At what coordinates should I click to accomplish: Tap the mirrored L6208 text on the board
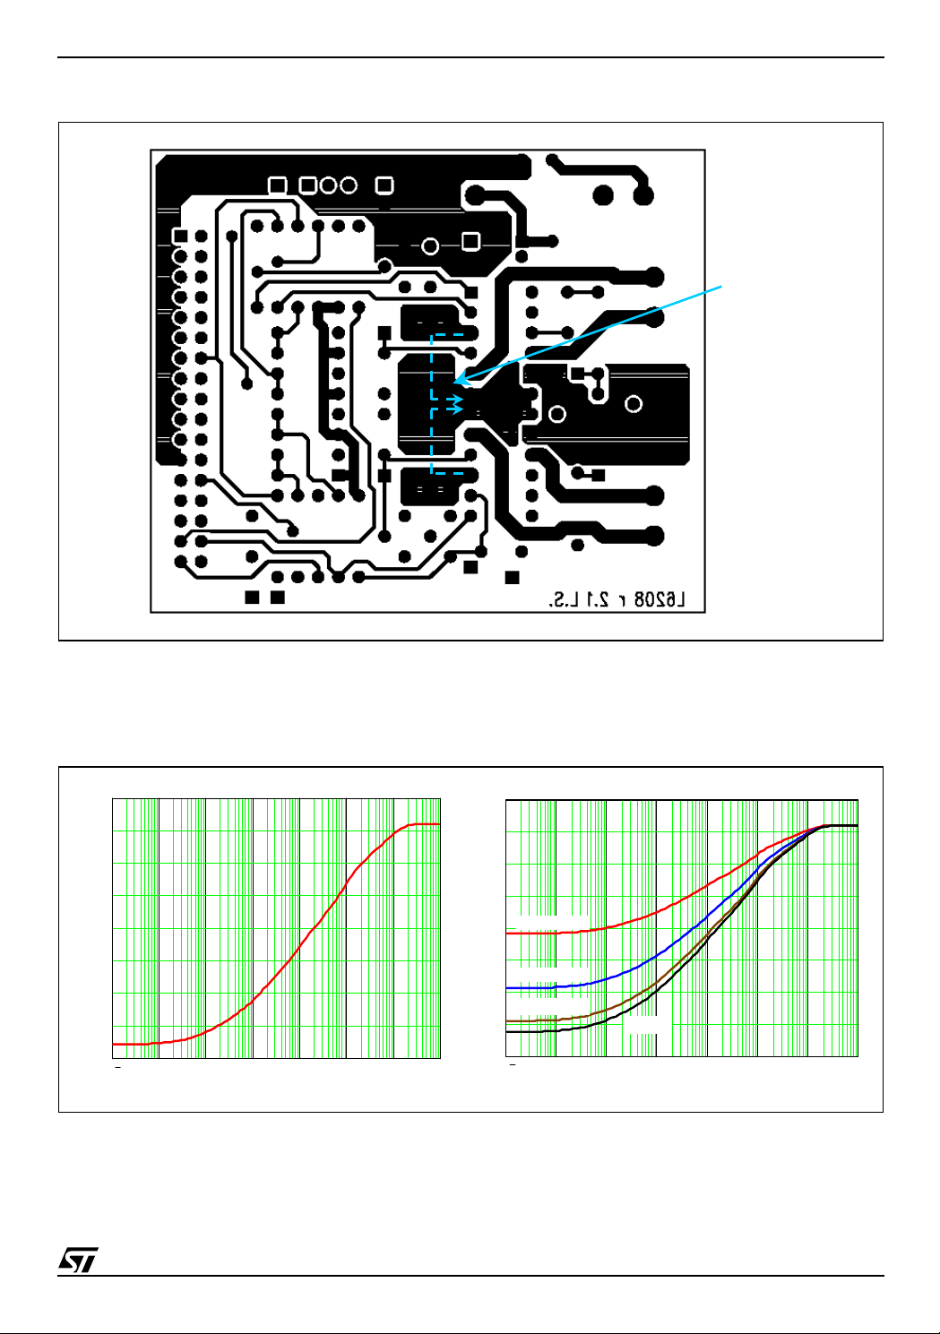coord(659,600)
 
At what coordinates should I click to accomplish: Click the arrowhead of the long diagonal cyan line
coord(458,381)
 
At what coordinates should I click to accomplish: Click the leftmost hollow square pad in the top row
coord(278,185)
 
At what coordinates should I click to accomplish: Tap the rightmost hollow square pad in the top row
coord(384,185)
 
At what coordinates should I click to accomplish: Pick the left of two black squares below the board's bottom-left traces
coord(253,597)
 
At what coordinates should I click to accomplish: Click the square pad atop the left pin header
coord(181,236)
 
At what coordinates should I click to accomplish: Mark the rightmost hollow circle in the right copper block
coord(634,404)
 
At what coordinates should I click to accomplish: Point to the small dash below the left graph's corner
coord(116,1067)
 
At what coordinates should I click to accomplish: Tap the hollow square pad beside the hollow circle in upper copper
coord(470,241)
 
